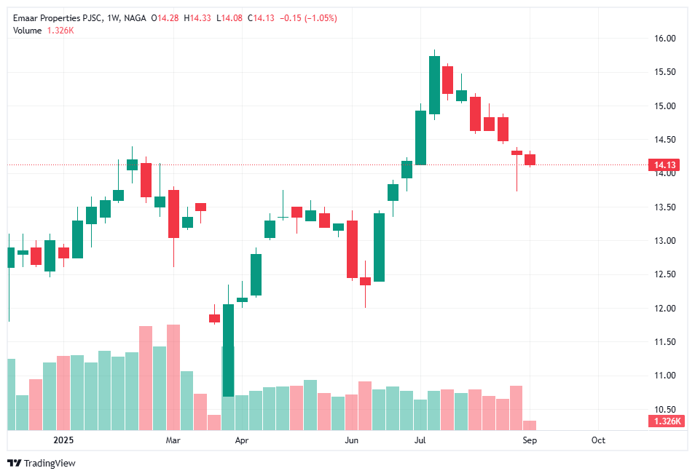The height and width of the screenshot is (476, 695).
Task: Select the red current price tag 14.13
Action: (x=666, y=165)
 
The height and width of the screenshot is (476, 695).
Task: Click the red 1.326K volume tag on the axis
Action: (x=666, y=421)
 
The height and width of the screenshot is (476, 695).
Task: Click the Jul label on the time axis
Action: (x=420, y=440)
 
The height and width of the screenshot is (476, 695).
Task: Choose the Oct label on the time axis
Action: (x=598, y=440)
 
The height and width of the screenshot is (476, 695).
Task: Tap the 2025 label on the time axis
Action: (x=65, y=440)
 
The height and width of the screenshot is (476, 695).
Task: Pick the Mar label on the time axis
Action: (x=173, y=440)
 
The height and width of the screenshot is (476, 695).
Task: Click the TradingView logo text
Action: (x=50, y=464)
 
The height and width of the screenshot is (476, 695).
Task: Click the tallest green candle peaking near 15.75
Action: (x=434, y=85)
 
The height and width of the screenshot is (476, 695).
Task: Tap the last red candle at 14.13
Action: (x=530, y=159)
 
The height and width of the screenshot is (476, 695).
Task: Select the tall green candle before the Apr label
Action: (x=228, y=349)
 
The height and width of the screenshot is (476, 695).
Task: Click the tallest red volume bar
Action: (x=173, y=377)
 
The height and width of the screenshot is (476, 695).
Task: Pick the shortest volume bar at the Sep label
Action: (x=530, y=425)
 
